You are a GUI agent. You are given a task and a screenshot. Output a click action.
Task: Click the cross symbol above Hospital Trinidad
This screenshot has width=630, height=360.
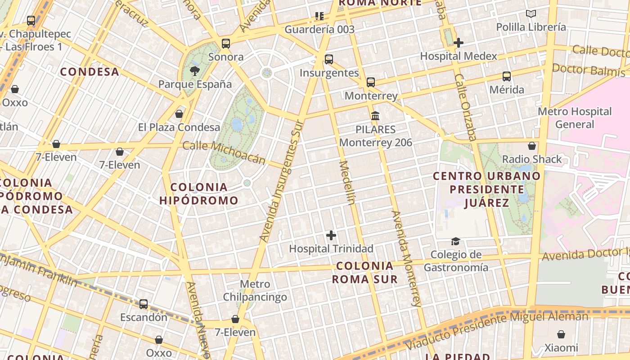point(331,235)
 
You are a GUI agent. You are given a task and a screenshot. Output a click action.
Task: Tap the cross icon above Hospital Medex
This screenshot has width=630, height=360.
point(459,43)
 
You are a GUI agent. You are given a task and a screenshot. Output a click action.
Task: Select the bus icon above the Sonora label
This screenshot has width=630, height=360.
point(226,44)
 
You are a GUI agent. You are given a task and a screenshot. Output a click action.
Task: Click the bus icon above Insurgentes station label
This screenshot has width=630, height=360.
point(329,59)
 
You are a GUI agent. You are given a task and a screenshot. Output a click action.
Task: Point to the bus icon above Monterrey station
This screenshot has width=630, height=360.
point(371,82)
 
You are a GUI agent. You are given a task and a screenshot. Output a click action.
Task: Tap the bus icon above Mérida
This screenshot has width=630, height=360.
point(507,76)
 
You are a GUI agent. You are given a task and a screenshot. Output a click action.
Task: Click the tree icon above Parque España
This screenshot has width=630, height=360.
point(195,71)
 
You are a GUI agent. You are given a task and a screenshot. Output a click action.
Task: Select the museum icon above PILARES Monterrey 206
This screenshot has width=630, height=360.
point(375,116)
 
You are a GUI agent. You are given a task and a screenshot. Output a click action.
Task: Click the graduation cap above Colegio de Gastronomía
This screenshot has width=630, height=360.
point(456,242)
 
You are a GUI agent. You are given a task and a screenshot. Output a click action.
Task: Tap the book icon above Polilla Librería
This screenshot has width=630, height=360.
point(531,14)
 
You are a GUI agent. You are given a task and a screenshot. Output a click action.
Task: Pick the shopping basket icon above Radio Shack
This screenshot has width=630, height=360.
point(532,146)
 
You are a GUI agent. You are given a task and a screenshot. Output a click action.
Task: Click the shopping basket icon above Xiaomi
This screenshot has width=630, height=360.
point(561,334)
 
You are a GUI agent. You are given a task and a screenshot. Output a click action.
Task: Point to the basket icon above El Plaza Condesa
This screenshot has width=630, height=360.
point(179,114)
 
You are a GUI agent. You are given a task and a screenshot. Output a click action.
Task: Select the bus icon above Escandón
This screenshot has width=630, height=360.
point(144,304)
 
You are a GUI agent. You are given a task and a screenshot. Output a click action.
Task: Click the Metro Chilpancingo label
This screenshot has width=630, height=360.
point(255,291)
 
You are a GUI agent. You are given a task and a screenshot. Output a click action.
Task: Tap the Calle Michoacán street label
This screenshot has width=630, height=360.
point(224,152)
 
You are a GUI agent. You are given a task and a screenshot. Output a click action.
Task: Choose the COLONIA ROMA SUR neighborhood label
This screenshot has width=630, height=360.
point(365,272)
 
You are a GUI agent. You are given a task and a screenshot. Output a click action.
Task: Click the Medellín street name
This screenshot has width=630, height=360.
point(346,182)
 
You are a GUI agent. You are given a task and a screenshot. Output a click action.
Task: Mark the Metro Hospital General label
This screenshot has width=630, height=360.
point(575,117)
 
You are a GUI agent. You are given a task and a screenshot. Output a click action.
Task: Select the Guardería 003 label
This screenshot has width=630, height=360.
point(319,30)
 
